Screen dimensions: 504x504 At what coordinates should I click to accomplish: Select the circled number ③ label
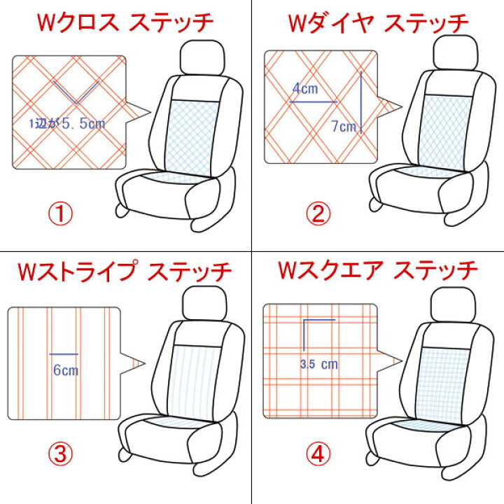tap(60, 454)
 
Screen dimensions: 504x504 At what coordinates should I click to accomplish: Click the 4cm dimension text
tap(305, 88)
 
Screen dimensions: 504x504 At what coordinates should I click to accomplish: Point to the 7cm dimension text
tap(344, 126)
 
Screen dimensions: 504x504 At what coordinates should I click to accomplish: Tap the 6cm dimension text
tap(66, 370)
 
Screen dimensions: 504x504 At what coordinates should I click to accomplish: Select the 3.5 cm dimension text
tap(319, 365)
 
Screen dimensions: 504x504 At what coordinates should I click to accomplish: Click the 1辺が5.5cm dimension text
tap(67, 123)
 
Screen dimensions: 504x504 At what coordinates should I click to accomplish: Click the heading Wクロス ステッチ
tap(125, 22)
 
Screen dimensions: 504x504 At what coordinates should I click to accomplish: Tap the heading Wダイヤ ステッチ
tap(378, 23)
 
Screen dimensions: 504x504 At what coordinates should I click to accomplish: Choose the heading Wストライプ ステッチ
tap(125, 272)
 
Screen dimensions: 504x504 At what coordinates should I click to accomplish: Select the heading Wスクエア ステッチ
tap(378, 270)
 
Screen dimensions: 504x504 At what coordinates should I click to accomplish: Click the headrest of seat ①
tap(202, 58)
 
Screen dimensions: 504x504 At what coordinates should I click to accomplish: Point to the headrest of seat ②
tap(456, 52)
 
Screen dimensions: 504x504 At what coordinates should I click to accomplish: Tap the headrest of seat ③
tap(204, 303)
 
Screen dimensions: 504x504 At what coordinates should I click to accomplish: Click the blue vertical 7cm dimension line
tap(361, 102)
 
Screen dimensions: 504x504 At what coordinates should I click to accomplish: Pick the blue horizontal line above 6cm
tap(64, 354)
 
